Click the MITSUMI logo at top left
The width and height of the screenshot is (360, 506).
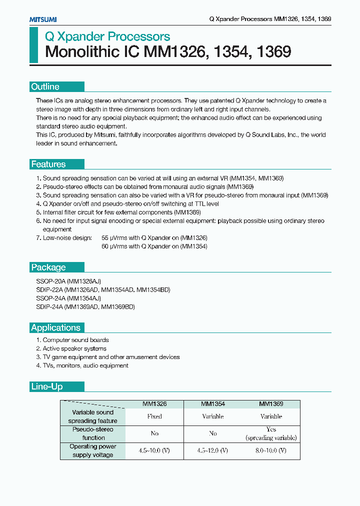tap(42, 19)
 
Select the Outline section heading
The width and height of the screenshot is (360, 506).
tap(45, 86)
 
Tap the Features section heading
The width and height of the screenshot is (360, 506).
tap(48, 164)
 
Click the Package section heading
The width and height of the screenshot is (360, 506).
tap(48, 267)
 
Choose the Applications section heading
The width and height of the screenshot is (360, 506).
tap(55, 327)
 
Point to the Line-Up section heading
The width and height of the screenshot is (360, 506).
tap(47, 386)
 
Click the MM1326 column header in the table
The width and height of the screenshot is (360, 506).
tap(154, 403)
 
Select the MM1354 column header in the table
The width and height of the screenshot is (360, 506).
tap(213, 403)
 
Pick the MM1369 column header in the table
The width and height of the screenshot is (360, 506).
tap(271, 403)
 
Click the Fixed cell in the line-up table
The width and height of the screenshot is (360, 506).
tap(154, 416)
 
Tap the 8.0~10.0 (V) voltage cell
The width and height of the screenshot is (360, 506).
tap(271, 450)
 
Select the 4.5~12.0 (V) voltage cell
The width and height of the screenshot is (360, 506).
tap(213, 450)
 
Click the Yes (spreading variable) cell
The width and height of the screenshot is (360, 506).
tap(271, 433)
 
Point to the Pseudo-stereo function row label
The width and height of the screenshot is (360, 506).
tap(92, 433)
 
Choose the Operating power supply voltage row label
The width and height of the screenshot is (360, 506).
tap(92, 450)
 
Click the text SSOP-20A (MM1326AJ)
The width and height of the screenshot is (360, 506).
tap(68, 281)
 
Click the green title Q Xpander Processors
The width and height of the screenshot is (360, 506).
tap(107, 36)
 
